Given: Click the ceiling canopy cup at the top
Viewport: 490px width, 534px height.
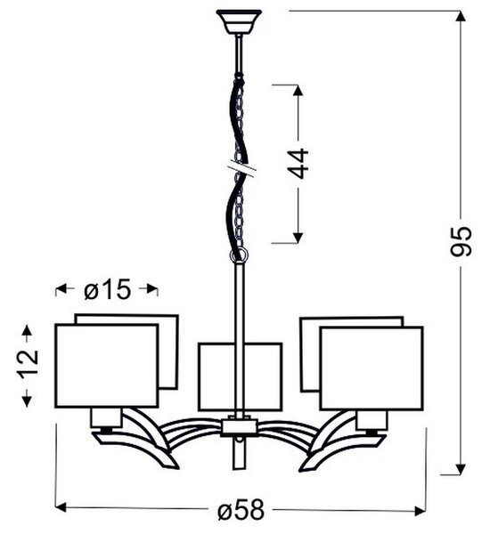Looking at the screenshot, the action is click(239, 21).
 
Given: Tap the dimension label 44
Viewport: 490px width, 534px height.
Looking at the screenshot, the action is click(299, 164).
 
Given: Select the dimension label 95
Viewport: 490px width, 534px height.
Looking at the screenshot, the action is click(461, 241).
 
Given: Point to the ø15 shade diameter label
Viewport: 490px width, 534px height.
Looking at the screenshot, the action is click(108, 289).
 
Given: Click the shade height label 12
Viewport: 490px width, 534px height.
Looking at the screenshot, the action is click(28, 364).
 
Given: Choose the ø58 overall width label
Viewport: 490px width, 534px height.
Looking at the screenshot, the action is click(241, 509).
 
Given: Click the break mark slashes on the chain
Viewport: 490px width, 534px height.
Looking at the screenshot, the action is click(241, 168).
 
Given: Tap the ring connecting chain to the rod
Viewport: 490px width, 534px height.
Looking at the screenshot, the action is click(239, 255).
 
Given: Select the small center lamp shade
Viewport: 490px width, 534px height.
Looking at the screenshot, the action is click(240, 377).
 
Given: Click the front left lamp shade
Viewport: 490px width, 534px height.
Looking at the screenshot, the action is click(107, 366).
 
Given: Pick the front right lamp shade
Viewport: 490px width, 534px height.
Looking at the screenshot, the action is click(372, 368).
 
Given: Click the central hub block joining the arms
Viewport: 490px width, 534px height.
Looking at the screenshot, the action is click(239, 427).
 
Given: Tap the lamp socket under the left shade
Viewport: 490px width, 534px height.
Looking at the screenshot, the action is click(106, 418).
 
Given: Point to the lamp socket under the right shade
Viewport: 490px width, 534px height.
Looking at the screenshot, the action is click(372, 421).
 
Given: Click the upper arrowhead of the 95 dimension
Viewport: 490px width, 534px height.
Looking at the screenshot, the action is click(461, 16).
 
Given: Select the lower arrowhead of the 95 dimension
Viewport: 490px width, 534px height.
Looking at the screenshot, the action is click(461, 469).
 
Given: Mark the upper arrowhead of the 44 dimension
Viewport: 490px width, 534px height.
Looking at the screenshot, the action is click(298, 90).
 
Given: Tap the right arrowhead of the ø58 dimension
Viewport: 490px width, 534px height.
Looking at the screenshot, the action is click(420, 511).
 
